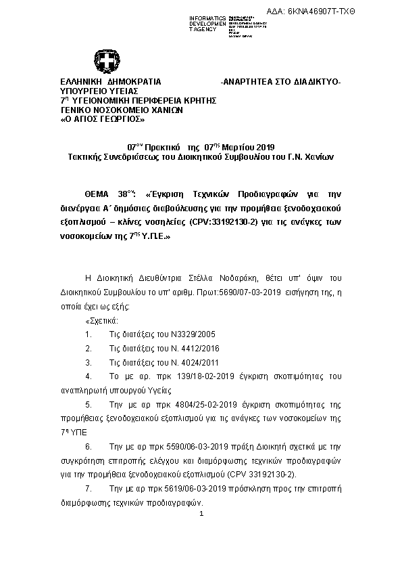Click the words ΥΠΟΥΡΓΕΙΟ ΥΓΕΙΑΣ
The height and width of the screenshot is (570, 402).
click(99, 91)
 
